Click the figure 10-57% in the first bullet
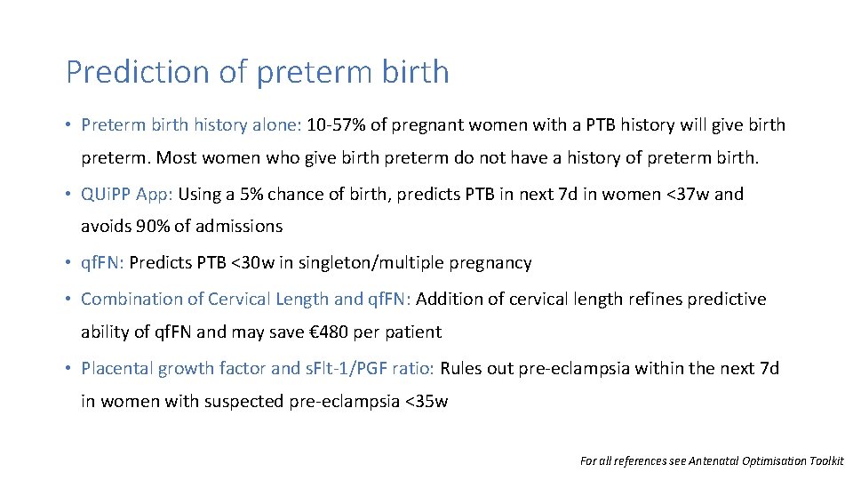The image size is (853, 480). [x=336, y=124]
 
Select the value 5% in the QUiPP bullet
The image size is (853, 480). [x=251, y=194]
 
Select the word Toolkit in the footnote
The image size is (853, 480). [x=823, y=460]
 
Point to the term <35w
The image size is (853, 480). [x=426, y=402]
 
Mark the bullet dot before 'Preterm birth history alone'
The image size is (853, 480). [x=68, y=125]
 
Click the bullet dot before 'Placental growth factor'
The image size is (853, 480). [x=68, y=369]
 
